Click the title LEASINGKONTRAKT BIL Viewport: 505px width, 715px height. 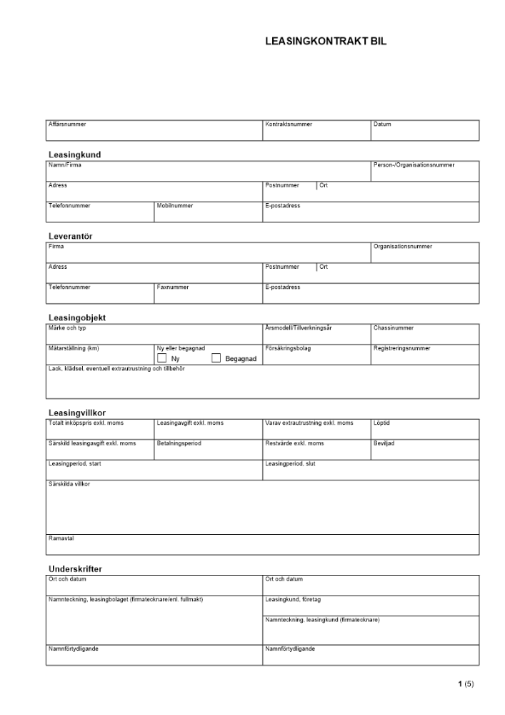click(x=325, y=42)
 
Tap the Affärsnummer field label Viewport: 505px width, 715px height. click(x=67, y=124)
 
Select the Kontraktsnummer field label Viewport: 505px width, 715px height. click(x=289, y=124)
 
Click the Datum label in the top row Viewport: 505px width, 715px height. click(x=382, y=124)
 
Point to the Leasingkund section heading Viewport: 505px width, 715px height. click(x=74, y=154)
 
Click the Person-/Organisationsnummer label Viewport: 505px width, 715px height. click(x=414, y=165)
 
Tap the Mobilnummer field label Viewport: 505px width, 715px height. click(x=174, y=206)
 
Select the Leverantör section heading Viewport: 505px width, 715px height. click(x=70, y=236)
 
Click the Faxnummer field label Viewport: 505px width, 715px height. click(x=173, y=287)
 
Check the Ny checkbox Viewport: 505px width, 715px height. click(x=161, y=358)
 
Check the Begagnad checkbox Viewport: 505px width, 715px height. click(x=216, y=358)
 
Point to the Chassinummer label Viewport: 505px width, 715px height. click(x=394, y=328)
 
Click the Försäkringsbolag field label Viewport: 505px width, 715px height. click(x=289, y=348)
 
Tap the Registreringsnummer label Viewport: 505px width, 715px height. click(x=401, y=348)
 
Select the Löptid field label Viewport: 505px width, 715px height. click(x=381, y=423)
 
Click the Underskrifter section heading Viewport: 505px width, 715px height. click(x=75, y=569)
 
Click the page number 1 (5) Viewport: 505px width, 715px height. click(x=466, y=684)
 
